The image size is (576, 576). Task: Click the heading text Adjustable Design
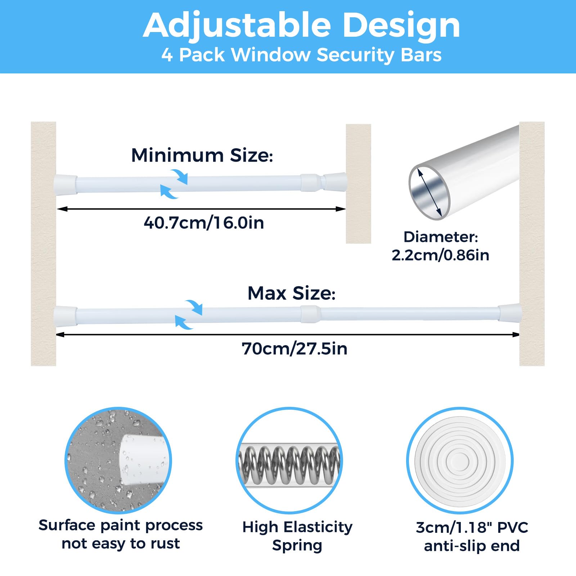tap(302, 25)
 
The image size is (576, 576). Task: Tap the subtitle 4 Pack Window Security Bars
tap(302, 55)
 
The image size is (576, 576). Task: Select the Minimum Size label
tap(202, 155)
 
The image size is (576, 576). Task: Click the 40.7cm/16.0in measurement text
tap(204, 222)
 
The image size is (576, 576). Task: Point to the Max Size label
tap(292, 293)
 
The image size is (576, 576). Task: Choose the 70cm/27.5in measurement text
tap(294, 348)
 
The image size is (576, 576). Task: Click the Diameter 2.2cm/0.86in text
tap(441, 246)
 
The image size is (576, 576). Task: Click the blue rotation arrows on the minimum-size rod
tap(174, 184)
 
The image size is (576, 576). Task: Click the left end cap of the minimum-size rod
tap(65, 184)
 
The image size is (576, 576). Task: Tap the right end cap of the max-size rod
tap(510, 313)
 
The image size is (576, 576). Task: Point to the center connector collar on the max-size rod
tap(310, 314)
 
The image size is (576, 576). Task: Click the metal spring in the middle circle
tap(289, 465)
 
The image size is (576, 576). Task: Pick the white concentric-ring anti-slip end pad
tap(460, 461)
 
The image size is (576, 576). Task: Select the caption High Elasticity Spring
tap(297, 536)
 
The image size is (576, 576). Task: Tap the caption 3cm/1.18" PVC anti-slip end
tap(472, 536)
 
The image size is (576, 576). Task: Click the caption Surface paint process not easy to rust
tap(121, 534)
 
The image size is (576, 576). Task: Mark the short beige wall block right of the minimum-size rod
tap(359, 184)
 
